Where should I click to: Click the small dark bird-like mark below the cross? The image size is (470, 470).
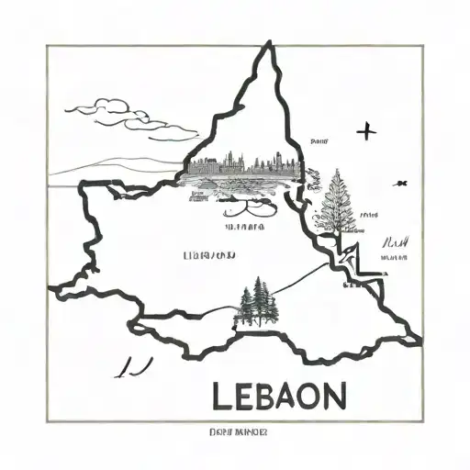click(400, 184)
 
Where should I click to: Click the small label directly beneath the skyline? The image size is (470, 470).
click(245, 224)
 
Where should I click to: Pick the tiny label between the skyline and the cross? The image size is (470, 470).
click(319, 142)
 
